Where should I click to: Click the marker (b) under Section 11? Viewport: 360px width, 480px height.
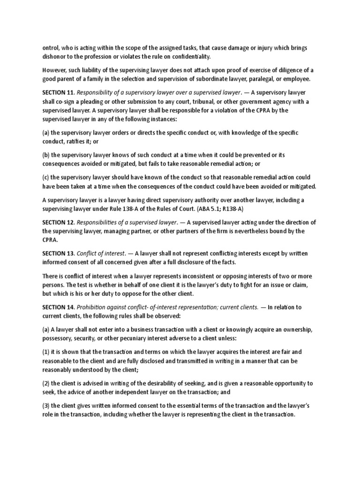tap(46, 155)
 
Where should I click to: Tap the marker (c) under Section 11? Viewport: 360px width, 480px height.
tap(46, 177)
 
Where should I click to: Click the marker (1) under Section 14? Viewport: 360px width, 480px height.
tap(46, 352)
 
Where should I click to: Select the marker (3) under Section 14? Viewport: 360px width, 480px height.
tap(46, 406)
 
